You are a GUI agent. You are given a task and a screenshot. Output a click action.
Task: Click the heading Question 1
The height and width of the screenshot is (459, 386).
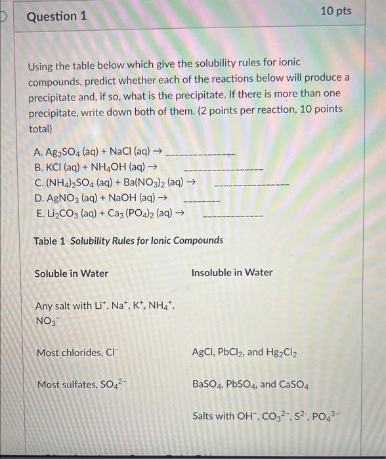56,15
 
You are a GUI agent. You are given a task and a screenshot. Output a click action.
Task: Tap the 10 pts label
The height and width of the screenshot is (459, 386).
336,11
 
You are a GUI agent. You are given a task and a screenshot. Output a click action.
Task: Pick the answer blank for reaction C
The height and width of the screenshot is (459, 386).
251,184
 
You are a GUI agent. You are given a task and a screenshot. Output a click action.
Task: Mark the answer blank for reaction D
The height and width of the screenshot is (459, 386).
201,199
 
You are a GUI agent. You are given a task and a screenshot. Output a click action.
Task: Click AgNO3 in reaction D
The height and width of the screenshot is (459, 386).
70,198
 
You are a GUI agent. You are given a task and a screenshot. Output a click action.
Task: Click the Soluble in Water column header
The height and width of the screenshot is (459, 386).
71,273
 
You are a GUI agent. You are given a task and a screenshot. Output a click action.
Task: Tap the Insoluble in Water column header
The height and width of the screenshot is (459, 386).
232,272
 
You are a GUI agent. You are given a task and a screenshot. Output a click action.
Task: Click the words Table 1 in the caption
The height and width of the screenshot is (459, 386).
49,241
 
